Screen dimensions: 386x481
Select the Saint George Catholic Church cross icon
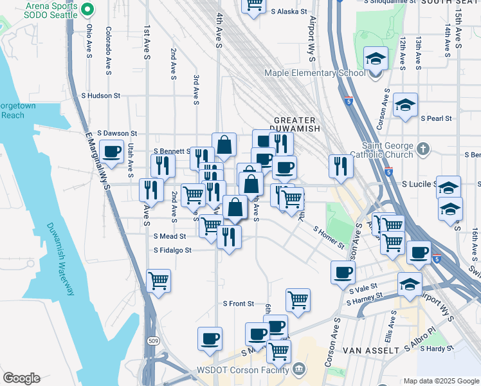(422, 149)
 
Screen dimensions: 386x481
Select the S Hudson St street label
(100, 95)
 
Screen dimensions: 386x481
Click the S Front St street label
(239, 304)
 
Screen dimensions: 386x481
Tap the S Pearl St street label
(436, 119)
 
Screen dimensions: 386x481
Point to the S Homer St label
(329, 237)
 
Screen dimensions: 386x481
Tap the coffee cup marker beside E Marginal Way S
(112, 152)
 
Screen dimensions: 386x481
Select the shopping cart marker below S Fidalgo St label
(159, 280)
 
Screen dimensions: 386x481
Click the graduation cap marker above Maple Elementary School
(376, 59)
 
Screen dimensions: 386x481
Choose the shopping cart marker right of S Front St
(298, 299)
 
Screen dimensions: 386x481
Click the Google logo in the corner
(21, 378)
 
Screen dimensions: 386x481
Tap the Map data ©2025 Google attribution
(440, 381)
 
